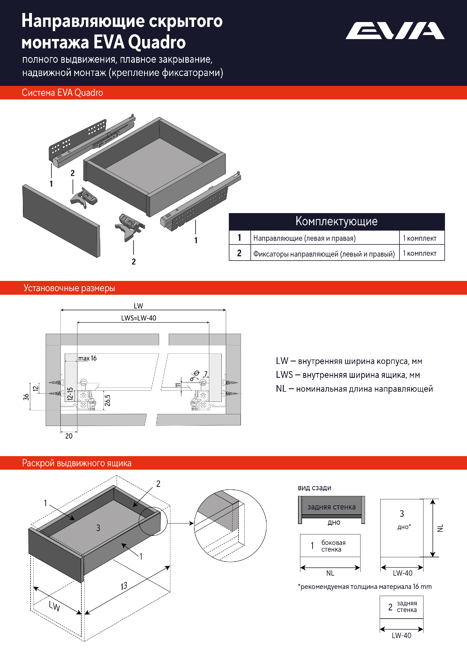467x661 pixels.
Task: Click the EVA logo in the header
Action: coord(395,31)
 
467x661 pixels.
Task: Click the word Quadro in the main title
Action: coord(157,42)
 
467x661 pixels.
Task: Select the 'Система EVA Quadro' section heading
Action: coord(62,93)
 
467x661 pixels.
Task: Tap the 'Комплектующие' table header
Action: coord(336,221)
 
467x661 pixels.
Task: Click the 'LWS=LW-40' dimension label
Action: coord(138,318)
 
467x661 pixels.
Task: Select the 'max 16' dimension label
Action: coord(88,358)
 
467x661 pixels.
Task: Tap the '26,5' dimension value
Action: coord(108,400)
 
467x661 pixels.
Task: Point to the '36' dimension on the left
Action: coord(26,397)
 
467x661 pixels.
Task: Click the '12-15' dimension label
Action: coord(70,394)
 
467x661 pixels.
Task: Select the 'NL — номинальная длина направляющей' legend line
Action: coord(354,389)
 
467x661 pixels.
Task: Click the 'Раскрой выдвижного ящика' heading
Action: coord(77,463)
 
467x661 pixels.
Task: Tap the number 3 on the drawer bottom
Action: coord(98,528)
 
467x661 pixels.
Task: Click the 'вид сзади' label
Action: coord(314,488)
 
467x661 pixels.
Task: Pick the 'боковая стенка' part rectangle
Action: coord(330,545)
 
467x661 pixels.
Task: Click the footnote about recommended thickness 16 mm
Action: coord(364,586)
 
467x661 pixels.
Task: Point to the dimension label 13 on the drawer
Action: coord(124,586)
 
